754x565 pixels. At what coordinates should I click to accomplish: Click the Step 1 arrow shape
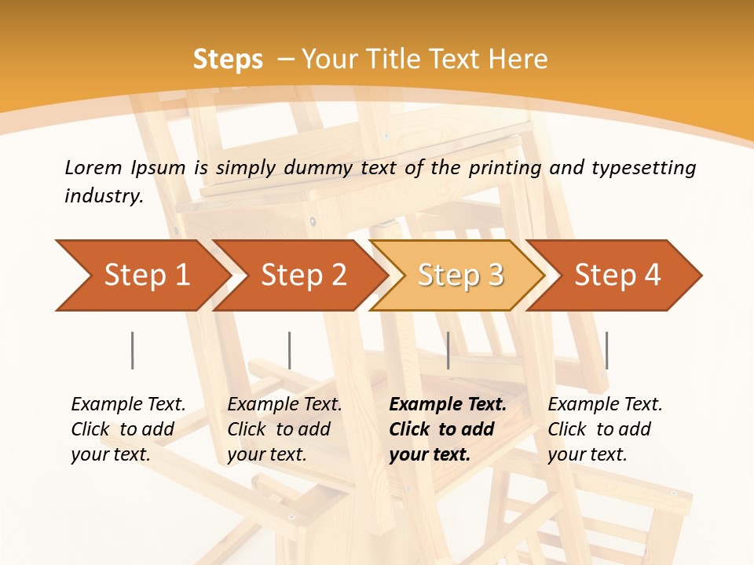click(x=141, y=275)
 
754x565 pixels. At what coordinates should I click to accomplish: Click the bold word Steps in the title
click(x=228, y=59)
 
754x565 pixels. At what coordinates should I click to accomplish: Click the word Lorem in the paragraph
click(x=93, y=167)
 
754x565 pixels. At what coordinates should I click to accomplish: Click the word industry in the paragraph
click(x=103, y=195)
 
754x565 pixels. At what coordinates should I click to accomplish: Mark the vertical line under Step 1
click(x=133, y=350)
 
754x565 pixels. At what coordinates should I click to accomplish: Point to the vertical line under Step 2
click(x=290, y=350)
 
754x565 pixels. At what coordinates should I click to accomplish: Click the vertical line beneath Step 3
click(x=448, y=350)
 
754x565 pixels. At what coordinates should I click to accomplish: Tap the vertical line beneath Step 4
click(x=607, y=350)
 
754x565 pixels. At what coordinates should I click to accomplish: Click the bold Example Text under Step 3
click(x=448, y=405)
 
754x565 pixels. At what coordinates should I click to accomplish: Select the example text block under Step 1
click(x=128, y=429)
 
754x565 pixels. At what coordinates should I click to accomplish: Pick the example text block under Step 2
click(x=284, y=429)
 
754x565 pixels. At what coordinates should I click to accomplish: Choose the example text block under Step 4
click(x=605, y=429)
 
